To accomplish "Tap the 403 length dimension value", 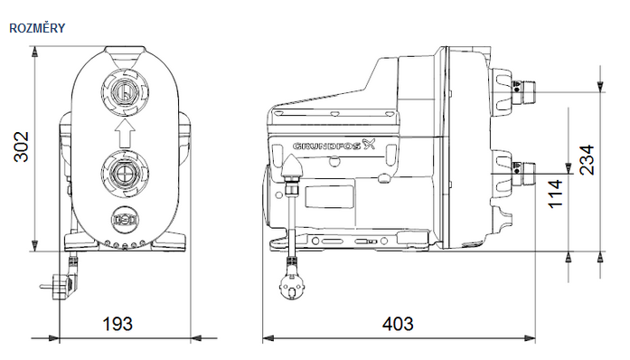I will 398,323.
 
